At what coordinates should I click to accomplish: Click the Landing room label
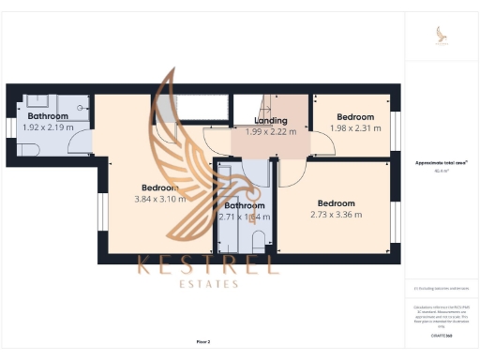click(x=270, y=121)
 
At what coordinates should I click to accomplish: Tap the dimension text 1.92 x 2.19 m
click(x=47, y=127)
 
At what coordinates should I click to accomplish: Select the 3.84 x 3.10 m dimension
click(x=159, y=198)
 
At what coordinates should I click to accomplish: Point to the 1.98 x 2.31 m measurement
click(x=356, y=127)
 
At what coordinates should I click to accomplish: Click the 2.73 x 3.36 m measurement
click(x=336, y=215)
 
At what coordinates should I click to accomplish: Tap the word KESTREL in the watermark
click(x=208, y=264)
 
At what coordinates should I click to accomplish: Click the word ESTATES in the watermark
click(x=208, y=283)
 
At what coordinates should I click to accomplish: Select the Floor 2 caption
click(x=202, y=341)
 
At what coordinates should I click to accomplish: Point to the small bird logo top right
click(x=440, y=35)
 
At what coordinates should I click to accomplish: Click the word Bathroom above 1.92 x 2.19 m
click(x=47, y=116)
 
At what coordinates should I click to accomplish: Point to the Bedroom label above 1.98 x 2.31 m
click(x=356, y=117)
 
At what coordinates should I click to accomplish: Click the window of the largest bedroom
click(x=97, y=212)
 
